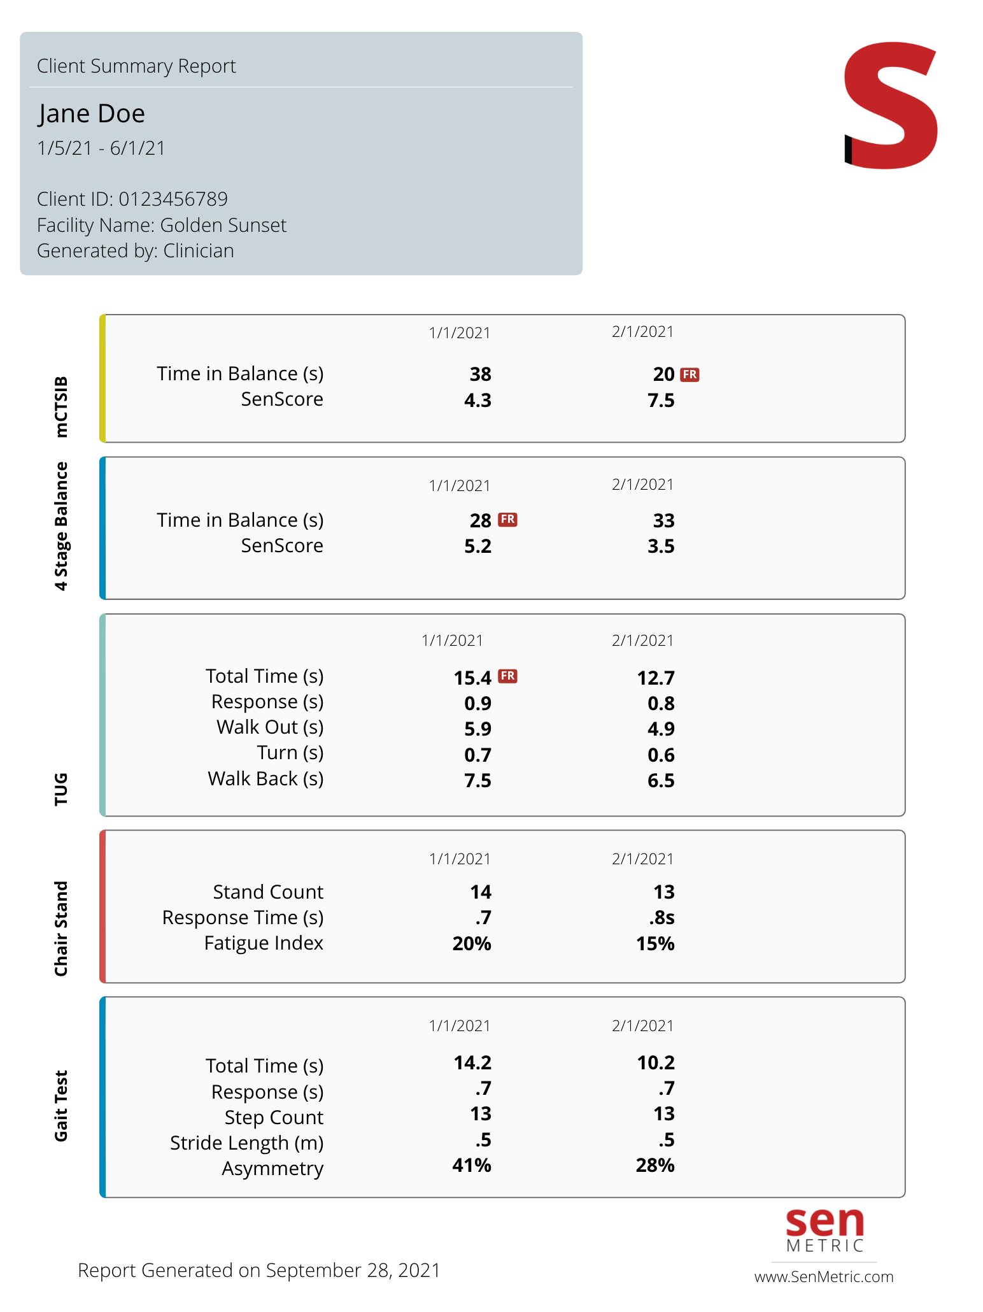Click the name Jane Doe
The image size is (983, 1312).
pyautogui.click(x=92, y=114)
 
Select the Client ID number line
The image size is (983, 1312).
pyautogui.click(x=132, y=199)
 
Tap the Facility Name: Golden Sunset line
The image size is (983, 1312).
pyautogui.click(x=162, y=225)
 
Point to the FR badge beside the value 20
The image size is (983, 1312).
pyautogui.click(x=690, y=374)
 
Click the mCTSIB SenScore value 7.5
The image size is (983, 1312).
pyautogui.click(x=661, y=401)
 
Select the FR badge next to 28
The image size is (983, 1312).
pyautogui.click(x=507, y=520)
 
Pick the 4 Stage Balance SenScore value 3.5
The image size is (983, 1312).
pyautogui.click(x=661, y=546)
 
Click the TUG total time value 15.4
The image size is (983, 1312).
pyautogui.click(x=472, y=678)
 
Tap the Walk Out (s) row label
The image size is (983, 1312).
pyautogui.click(x=270, y=727)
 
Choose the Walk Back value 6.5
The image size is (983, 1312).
pyautogui.click(x=661, y=781)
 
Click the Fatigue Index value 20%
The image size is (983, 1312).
pyautogui.click(x=472, y=944)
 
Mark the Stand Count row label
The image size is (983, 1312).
pyautogui.click(x=268, y=892)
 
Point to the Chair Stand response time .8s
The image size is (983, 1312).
pyautogui.click(x=661, y=918)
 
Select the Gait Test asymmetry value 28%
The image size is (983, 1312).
pyautogui.click(x=655, y=1166)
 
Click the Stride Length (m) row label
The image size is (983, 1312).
pyautogui.click(x=247, y=1143)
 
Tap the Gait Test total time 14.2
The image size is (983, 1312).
pyautogui.click(x=472, y=1063)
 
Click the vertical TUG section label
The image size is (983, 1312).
pyautogui.click(x=61, y=789)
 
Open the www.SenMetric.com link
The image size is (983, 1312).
pyautogui.click(x=824, y=1277)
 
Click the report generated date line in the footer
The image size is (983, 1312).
pyautogui.click(x=259, y=1271)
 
